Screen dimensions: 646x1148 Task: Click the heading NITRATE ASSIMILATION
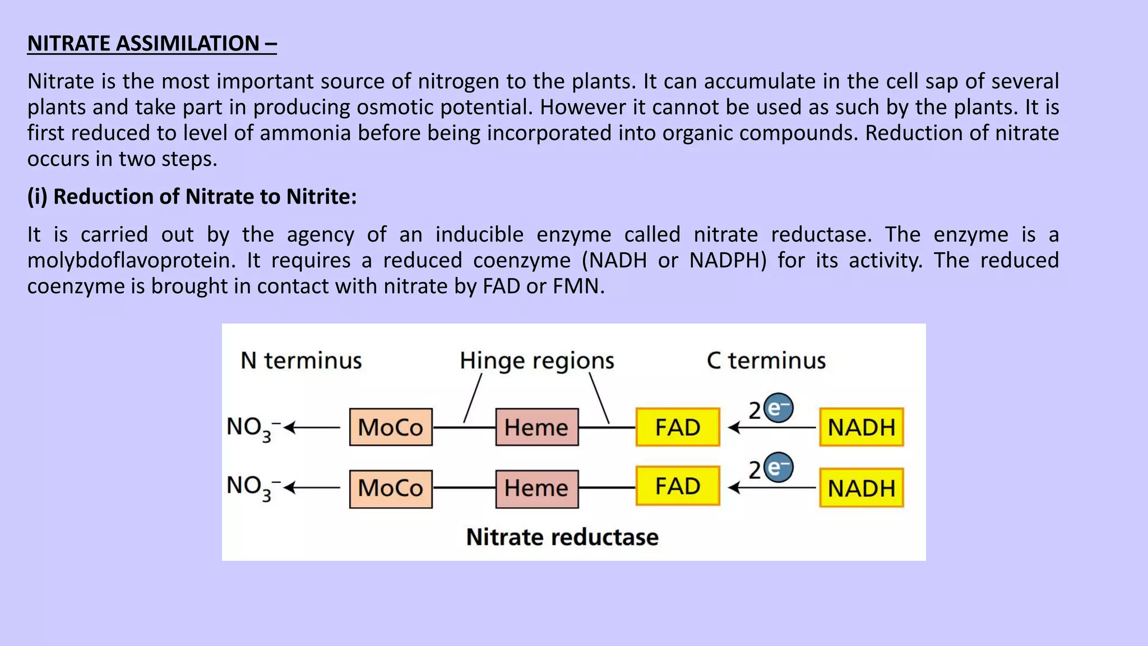[151, 44]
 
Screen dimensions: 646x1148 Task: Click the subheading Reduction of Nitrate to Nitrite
[192, 197]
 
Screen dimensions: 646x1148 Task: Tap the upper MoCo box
[391, 427]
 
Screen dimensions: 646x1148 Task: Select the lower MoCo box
[391, 488]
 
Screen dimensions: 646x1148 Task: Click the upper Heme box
[536, 427]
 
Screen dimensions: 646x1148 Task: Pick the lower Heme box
[536, 488]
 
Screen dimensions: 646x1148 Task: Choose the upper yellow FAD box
[678, 427]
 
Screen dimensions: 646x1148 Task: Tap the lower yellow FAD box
[678, 486]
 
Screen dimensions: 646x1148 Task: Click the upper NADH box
[862, 427]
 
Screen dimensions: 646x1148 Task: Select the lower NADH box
[862, 488]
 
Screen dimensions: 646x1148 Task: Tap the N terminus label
[301, 361]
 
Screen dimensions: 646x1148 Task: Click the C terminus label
[766, 361]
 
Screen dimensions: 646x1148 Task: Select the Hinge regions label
[536, 361]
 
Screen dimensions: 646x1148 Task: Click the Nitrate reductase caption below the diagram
[562, 537]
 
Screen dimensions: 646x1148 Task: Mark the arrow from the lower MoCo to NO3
[313, 488]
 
